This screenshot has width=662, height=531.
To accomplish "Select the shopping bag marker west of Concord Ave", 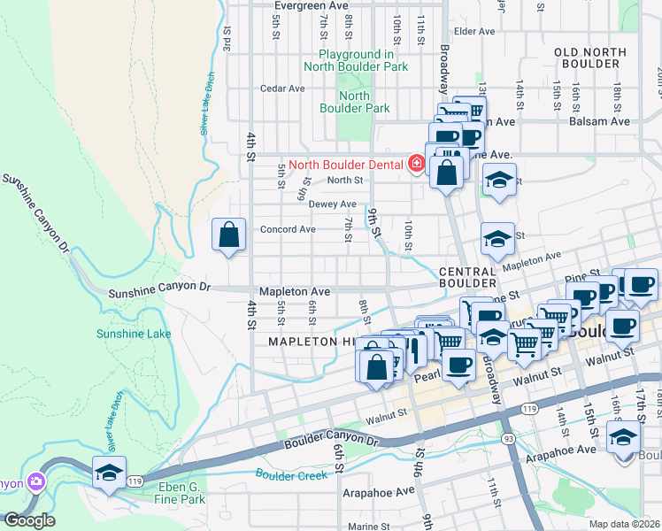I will tap(229, 235).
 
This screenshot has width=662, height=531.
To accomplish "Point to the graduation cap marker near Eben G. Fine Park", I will tap(109, 473).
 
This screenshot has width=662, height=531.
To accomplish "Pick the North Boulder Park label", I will tap(354, 102).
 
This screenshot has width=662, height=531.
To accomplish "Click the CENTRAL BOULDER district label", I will tap(466, 277).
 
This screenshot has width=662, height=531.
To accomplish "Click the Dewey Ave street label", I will tap(333, 204).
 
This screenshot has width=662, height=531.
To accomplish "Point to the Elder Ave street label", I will tap(474, 31).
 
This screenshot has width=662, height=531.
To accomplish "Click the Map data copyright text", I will tap(624, 524).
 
